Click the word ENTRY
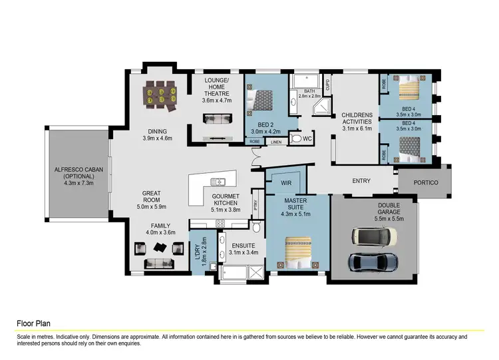click(x=361, y=180)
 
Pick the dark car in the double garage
click(x=373, y=262)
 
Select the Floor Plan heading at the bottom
click(x=33, y=323)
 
